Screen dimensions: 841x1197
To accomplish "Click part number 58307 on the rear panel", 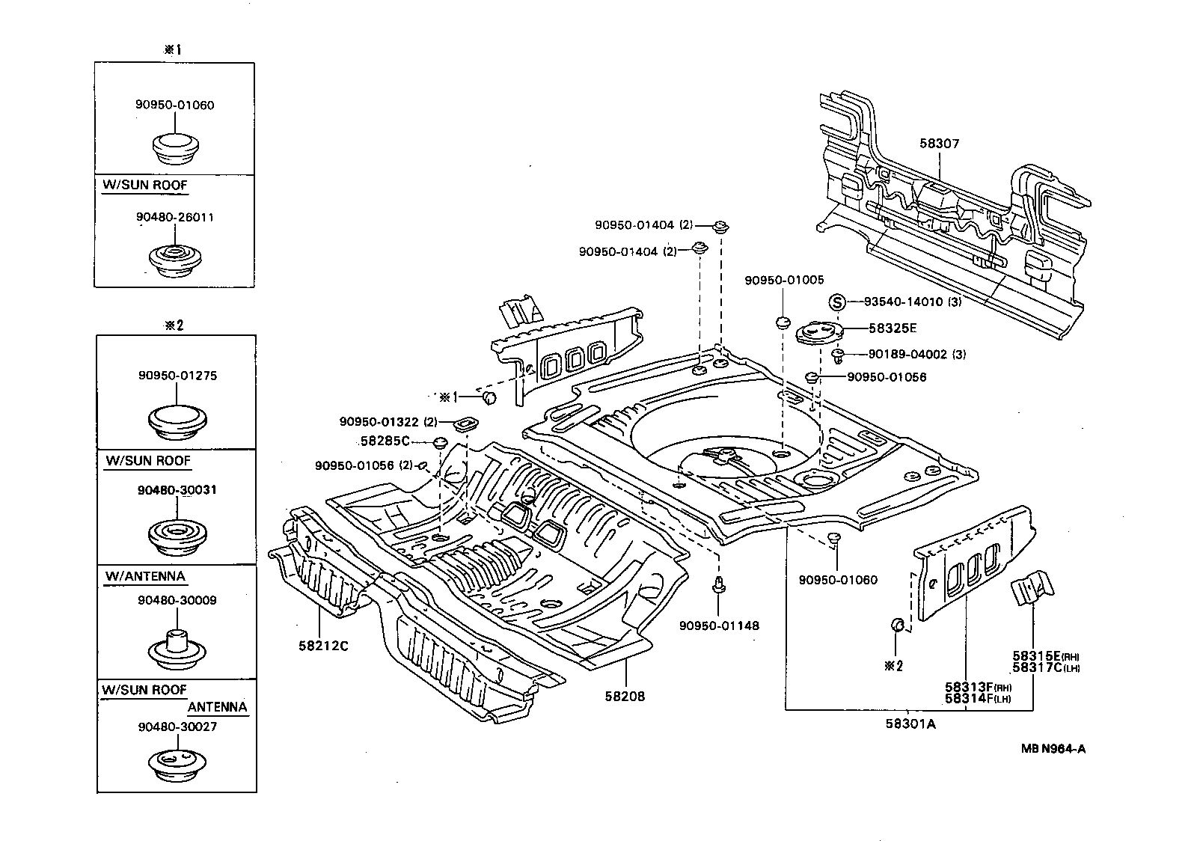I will pyautogui.click(x=939, y=144).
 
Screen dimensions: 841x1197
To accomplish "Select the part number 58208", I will pyautogui.click(x=625, y=696).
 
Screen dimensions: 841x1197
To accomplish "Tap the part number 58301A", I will pyautogui.click(x=910, y=724).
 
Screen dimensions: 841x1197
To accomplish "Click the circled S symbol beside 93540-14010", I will pyautogui.click(x=837, y=302).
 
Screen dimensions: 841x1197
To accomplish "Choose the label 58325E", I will pyautogui.click(x=893, y=328).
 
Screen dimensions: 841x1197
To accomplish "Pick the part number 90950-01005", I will pyautogui.click(x=784, y=280).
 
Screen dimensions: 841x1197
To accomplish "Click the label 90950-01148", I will pyautogui.click(x=719, y=625).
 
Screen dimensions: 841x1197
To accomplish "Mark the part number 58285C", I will pyautogui.click(x=385, y=441).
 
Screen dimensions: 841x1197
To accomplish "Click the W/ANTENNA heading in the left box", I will pyautogui.click(x=144, y=576).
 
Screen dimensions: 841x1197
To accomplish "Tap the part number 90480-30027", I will pyautogui.click(x=177, y=727).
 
